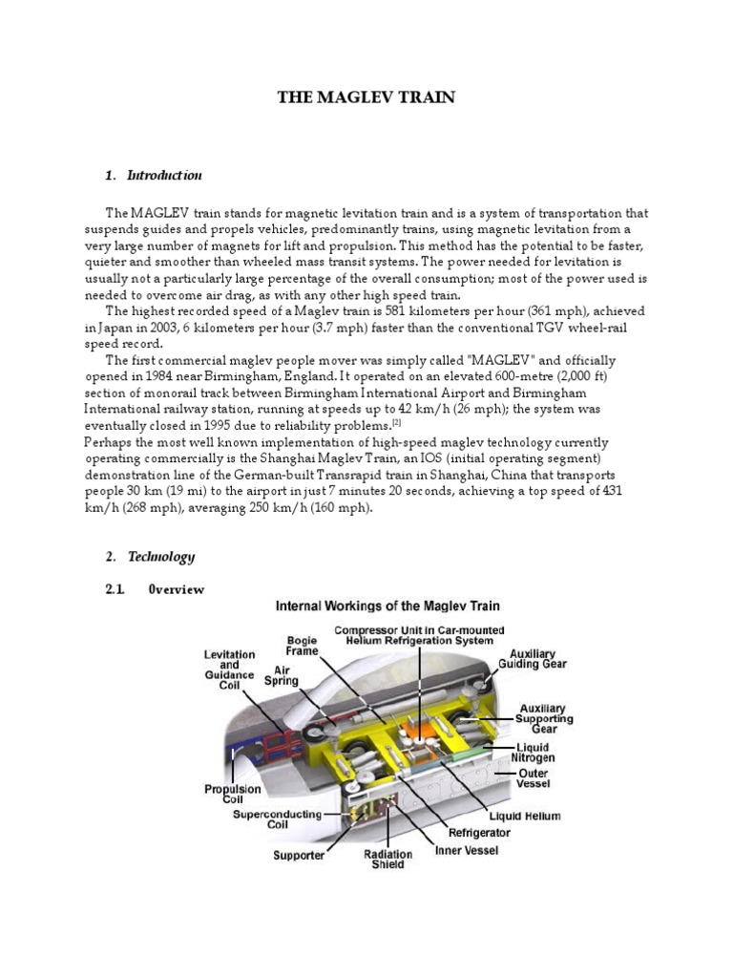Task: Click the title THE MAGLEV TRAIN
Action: click(366, 97)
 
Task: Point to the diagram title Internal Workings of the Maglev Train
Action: click(387, 606)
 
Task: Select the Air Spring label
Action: click(282, 675)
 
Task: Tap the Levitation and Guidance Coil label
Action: click(229, 667)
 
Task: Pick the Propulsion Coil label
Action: click(232, 796)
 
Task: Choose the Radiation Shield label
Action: click(387, 860)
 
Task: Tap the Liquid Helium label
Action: click(524, 817)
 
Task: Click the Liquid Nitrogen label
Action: click(535, 752)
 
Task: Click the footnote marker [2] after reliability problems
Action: click(396, 422)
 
